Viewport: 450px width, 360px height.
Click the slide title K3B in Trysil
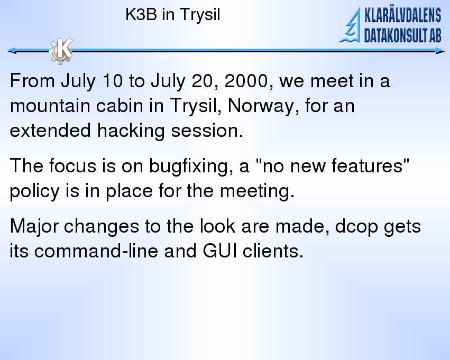pos(172,15)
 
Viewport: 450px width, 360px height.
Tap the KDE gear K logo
pos(61,51)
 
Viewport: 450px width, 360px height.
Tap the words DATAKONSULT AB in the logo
pos(402,35)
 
